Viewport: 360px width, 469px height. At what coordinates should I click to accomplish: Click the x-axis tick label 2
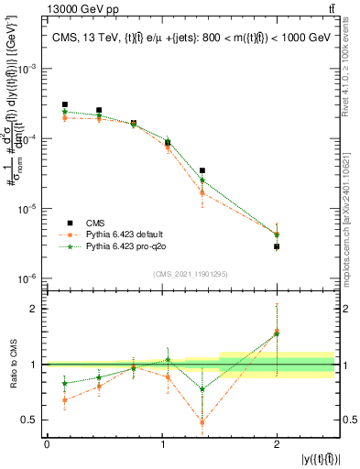click(277, 444)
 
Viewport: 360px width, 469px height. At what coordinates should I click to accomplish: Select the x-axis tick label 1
click(161, 444)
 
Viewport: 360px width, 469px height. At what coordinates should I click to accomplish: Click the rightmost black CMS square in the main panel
click(277, 246)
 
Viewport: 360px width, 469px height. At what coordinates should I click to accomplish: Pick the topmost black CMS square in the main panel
click(65, 105)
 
